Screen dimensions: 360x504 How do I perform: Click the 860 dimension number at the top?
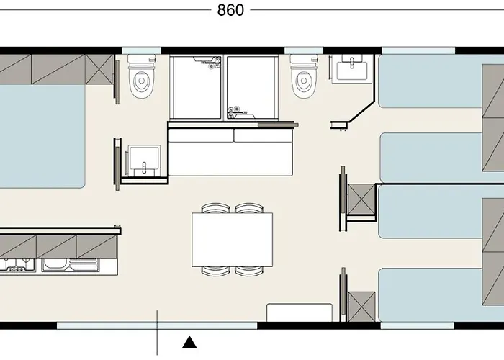click(230, 10)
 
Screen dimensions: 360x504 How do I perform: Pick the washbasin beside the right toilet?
click(352, 71)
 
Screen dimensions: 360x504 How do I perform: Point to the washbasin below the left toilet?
click(142, 160)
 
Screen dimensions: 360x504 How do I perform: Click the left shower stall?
click(197, 88)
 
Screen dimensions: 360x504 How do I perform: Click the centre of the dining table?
click(233, 240)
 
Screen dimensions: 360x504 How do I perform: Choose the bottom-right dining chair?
click(249, 271)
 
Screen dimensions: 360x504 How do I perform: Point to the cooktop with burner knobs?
click(17, 264)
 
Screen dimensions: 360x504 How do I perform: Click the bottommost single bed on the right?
click(432, 296)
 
